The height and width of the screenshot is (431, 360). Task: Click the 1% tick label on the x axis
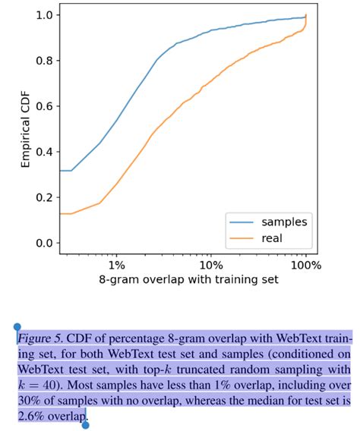(116, 265)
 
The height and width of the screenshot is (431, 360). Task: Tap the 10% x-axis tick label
(210, 265)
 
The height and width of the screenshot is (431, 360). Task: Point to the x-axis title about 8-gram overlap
(188, 279)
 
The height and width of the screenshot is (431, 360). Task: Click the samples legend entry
(284, 222)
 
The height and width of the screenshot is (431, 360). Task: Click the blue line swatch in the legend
(242, 222)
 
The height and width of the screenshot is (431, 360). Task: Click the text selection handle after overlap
(85, 423)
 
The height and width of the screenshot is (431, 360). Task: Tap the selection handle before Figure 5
(17, 328)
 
